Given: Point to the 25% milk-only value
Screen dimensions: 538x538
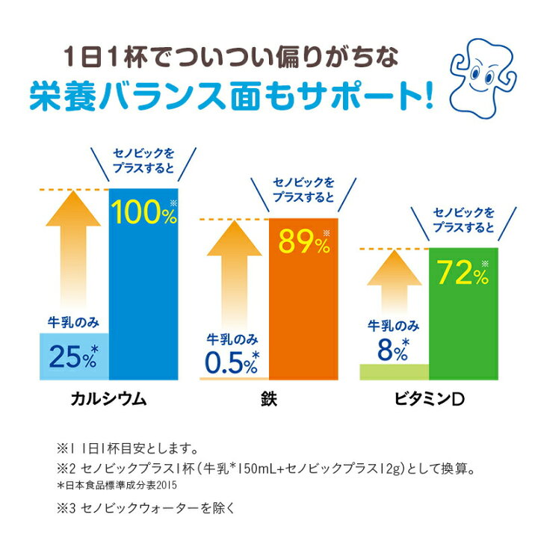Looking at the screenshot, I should tap(73, 357).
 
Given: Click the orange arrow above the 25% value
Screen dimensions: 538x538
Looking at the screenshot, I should tap(73, 251).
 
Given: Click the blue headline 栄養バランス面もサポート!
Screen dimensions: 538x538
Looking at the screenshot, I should tap(232, 96).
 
